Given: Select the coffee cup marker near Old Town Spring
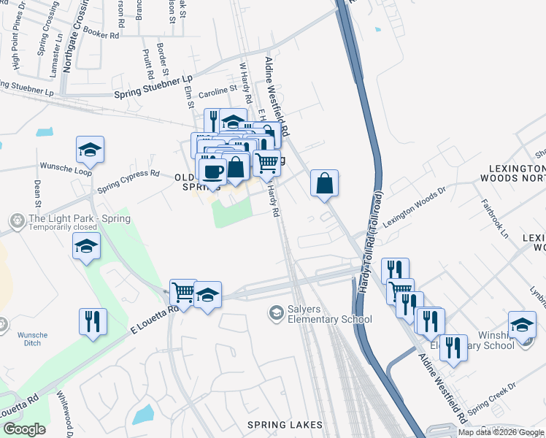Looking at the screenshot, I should tap(212, 172).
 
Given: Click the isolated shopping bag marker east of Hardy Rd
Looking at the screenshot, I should tap(325, 182).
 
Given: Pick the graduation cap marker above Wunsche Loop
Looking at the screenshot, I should tap(91, 150).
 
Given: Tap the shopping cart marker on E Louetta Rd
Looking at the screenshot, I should tap(183, 293).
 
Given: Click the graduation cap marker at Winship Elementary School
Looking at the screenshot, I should tap(522, 325).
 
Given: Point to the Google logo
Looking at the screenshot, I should tap(24, 429).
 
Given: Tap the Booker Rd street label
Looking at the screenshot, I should tap(101, 34).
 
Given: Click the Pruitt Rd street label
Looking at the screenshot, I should tap(148, 64).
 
